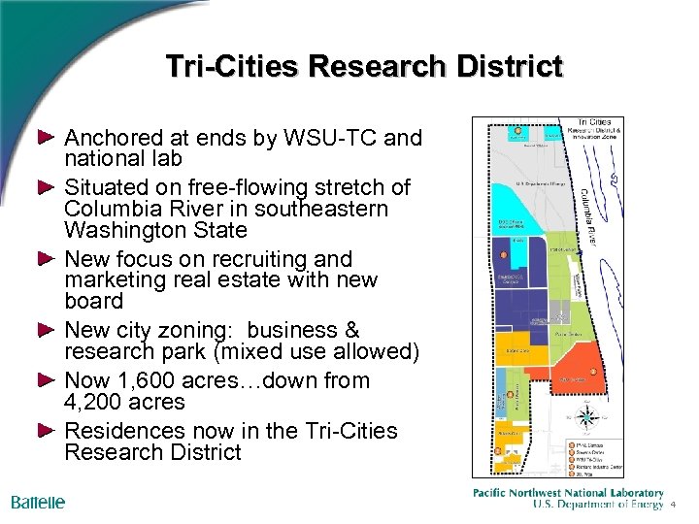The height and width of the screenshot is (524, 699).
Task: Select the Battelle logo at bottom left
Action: click(x=38, y=503)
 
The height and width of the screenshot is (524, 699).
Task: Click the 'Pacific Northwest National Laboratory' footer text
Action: click(x=568, y=493)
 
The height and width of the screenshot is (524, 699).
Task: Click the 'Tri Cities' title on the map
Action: click(x=594, y=122)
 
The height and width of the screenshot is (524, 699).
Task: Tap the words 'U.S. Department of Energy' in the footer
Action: click(x=598, y=505)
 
